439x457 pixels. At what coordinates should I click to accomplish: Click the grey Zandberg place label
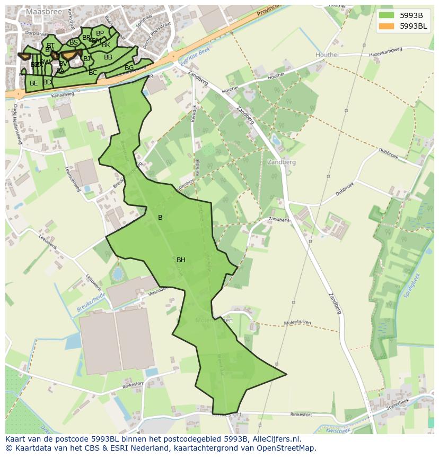(x=282, y=162)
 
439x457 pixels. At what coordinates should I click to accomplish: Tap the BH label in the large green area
(x=181, y=260)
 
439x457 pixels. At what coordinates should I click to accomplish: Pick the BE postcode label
(x=34, y=83)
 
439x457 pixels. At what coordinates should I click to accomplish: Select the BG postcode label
(x=129, y=68)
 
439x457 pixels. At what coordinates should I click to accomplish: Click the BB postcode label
(x=108, y=57)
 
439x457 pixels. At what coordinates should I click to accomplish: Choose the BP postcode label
(x=100, y=33)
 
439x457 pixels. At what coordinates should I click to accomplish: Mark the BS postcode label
(x=74, y=42)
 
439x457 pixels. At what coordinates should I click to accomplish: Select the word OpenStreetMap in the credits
(x=286, y=448)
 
